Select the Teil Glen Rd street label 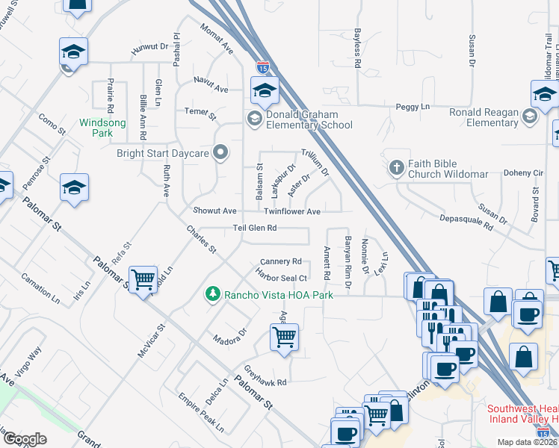[255, 228]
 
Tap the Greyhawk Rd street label [267, 377]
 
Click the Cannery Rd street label [280, 262]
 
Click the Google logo [25, 439]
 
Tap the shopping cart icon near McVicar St [143, 279]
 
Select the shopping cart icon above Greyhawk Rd [284, 337]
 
